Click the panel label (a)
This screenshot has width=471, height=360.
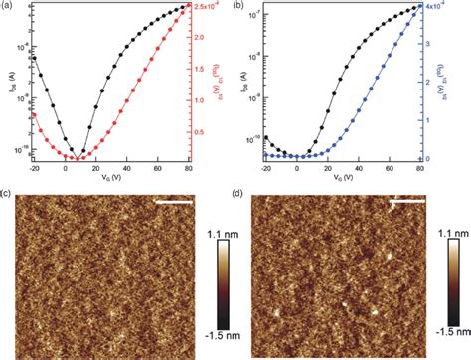tap(8, 6)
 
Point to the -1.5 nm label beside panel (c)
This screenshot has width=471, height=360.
tap(225, 335)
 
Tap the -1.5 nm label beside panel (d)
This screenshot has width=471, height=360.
tap(451, 335)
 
